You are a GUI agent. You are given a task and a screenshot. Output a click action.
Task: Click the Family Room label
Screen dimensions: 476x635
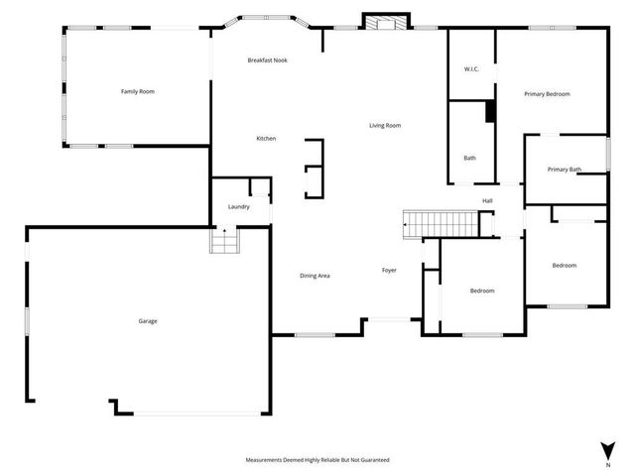coord(138,91)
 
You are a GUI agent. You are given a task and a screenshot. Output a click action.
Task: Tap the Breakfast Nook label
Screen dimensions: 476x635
coord(267,60)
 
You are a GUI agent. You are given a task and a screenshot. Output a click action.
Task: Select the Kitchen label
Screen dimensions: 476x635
coord(266,138)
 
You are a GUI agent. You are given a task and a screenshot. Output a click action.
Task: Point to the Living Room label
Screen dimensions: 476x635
coord(385,125)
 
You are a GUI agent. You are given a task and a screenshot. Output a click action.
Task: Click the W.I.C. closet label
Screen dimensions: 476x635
coord(472,68)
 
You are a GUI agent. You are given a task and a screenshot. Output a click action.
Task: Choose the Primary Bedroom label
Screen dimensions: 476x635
coord(547,93)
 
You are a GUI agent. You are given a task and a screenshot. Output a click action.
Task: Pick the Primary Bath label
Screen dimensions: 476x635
coord(564,170)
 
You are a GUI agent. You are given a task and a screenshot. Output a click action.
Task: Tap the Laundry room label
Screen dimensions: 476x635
coord(238,206)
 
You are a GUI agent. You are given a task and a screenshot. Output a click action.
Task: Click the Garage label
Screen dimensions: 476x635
coord(148,320)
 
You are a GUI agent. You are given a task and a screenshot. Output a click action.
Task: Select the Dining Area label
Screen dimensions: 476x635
coord(315,275)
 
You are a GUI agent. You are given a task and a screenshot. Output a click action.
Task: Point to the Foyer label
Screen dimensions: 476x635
coord(390,270)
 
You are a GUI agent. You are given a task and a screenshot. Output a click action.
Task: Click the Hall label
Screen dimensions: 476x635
coord(487,200)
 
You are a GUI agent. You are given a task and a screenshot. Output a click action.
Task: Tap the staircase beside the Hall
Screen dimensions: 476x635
coord(440,224)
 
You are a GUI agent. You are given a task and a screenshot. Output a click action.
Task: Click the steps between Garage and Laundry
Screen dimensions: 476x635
coord(224,240)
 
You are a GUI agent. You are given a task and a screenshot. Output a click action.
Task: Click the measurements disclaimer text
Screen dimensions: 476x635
coord(317,460)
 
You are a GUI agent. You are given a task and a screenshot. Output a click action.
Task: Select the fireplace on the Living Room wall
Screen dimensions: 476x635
coord(385,22)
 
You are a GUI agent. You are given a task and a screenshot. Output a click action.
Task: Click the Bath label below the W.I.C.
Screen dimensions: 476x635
coord(469,158)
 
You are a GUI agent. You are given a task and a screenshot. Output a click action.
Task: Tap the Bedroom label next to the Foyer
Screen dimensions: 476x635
coord(482,291)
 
